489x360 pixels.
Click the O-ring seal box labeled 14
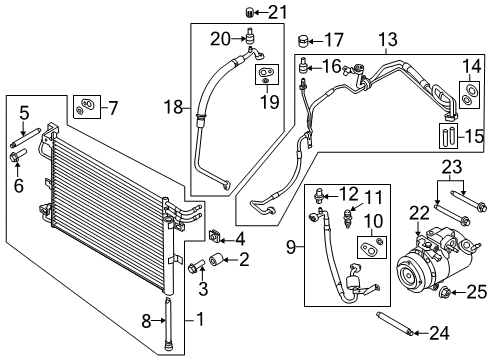(467, 93)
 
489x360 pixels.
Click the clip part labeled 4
(214, 236)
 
